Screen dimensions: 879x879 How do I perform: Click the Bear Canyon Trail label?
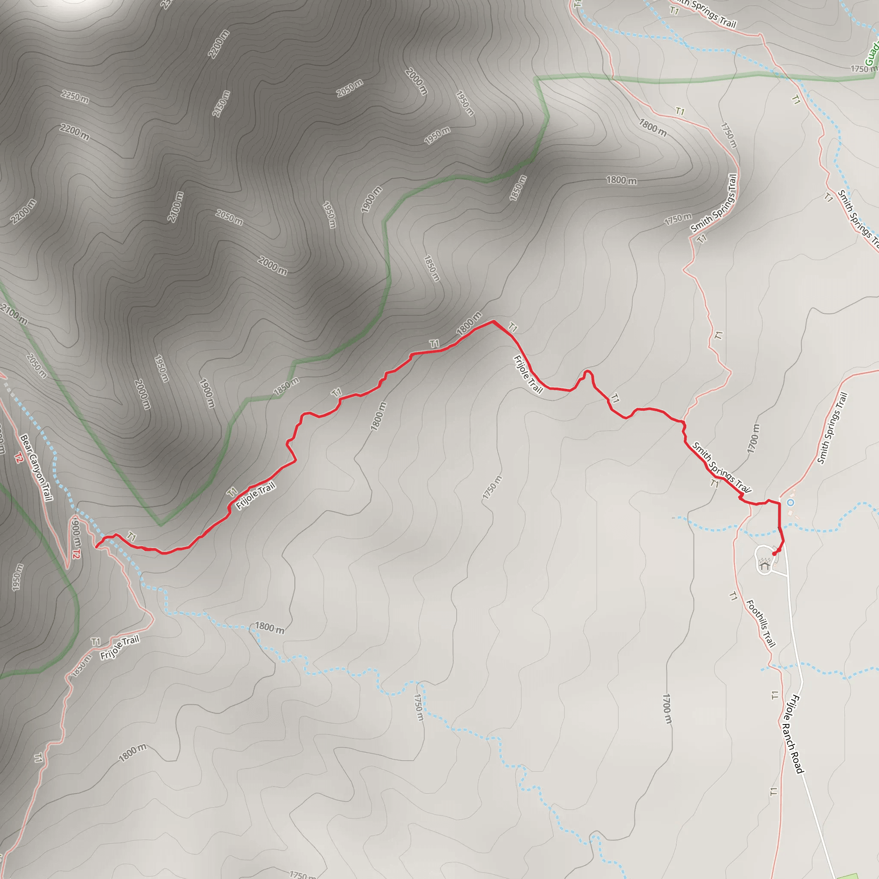point(36,467)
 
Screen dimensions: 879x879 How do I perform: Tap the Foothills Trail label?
point(761,624)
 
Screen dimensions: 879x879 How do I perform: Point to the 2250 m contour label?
point(75,97)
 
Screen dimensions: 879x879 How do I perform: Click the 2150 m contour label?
point(221,104)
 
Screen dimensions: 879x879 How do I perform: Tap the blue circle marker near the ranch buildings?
point(791,502)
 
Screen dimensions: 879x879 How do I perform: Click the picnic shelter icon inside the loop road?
point(765,566)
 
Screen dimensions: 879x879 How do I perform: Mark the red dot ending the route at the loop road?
point(774,553)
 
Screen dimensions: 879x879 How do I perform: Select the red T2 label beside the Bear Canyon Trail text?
point(18,458)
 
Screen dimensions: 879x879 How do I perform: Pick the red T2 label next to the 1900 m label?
point(76,555)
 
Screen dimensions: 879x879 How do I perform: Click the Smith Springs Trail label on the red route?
point(721,467)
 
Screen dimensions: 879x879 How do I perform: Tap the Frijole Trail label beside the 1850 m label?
point(120,647)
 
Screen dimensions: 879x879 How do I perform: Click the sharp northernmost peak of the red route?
point(493,321)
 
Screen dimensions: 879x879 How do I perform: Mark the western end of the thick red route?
point(97,547)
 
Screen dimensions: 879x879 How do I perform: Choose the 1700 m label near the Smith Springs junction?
point(753,438)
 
